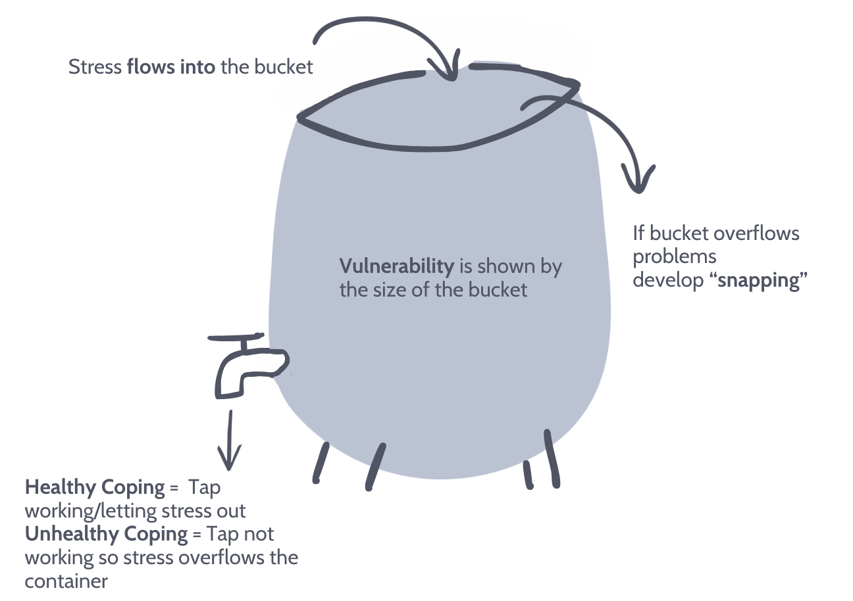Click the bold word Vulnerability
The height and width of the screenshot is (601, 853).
(x=396, y=266)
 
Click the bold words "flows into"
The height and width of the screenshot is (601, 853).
(x=170, y=67)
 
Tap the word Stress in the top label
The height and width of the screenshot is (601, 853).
(x=95, y=67)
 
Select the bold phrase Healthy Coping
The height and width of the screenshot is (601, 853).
(x=95, y=488)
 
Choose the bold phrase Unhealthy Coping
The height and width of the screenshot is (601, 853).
(x=106, y=534)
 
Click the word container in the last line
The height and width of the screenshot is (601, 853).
(x=66, y=581)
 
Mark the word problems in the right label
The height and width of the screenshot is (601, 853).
(x=675, y=256)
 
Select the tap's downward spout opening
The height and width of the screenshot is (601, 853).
(x=230, y=394)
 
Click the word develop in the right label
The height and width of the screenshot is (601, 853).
(x=667, y=280)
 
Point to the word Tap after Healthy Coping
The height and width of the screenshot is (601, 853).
(x=204, y=488)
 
